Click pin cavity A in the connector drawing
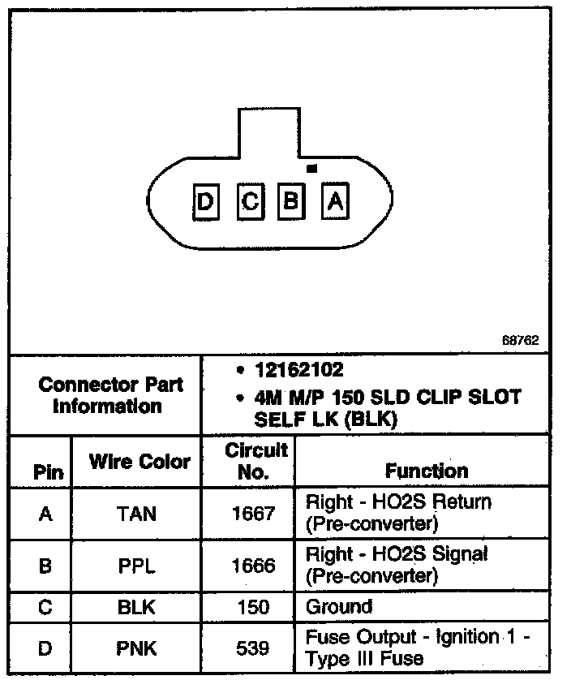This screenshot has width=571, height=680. (334, 200)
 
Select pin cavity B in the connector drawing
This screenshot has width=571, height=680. (291, 200)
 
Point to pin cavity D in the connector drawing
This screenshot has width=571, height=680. (207, 200)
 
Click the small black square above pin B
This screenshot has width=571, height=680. (311, 168)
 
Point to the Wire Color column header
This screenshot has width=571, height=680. (139, 463)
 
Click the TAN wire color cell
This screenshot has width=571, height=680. (137, 514)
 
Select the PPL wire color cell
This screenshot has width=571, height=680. (137, 566)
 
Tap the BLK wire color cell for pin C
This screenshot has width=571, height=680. (137, 607)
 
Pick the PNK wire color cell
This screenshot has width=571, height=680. (137, 648)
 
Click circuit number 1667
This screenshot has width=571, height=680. (253, 514)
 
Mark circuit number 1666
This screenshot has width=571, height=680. (253, 566)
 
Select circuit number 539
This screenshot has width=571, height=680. (253, 648)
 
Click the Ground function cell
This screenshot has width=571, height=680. (338, 607)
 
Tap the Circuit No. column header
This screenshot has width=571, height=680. (255, 461)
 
